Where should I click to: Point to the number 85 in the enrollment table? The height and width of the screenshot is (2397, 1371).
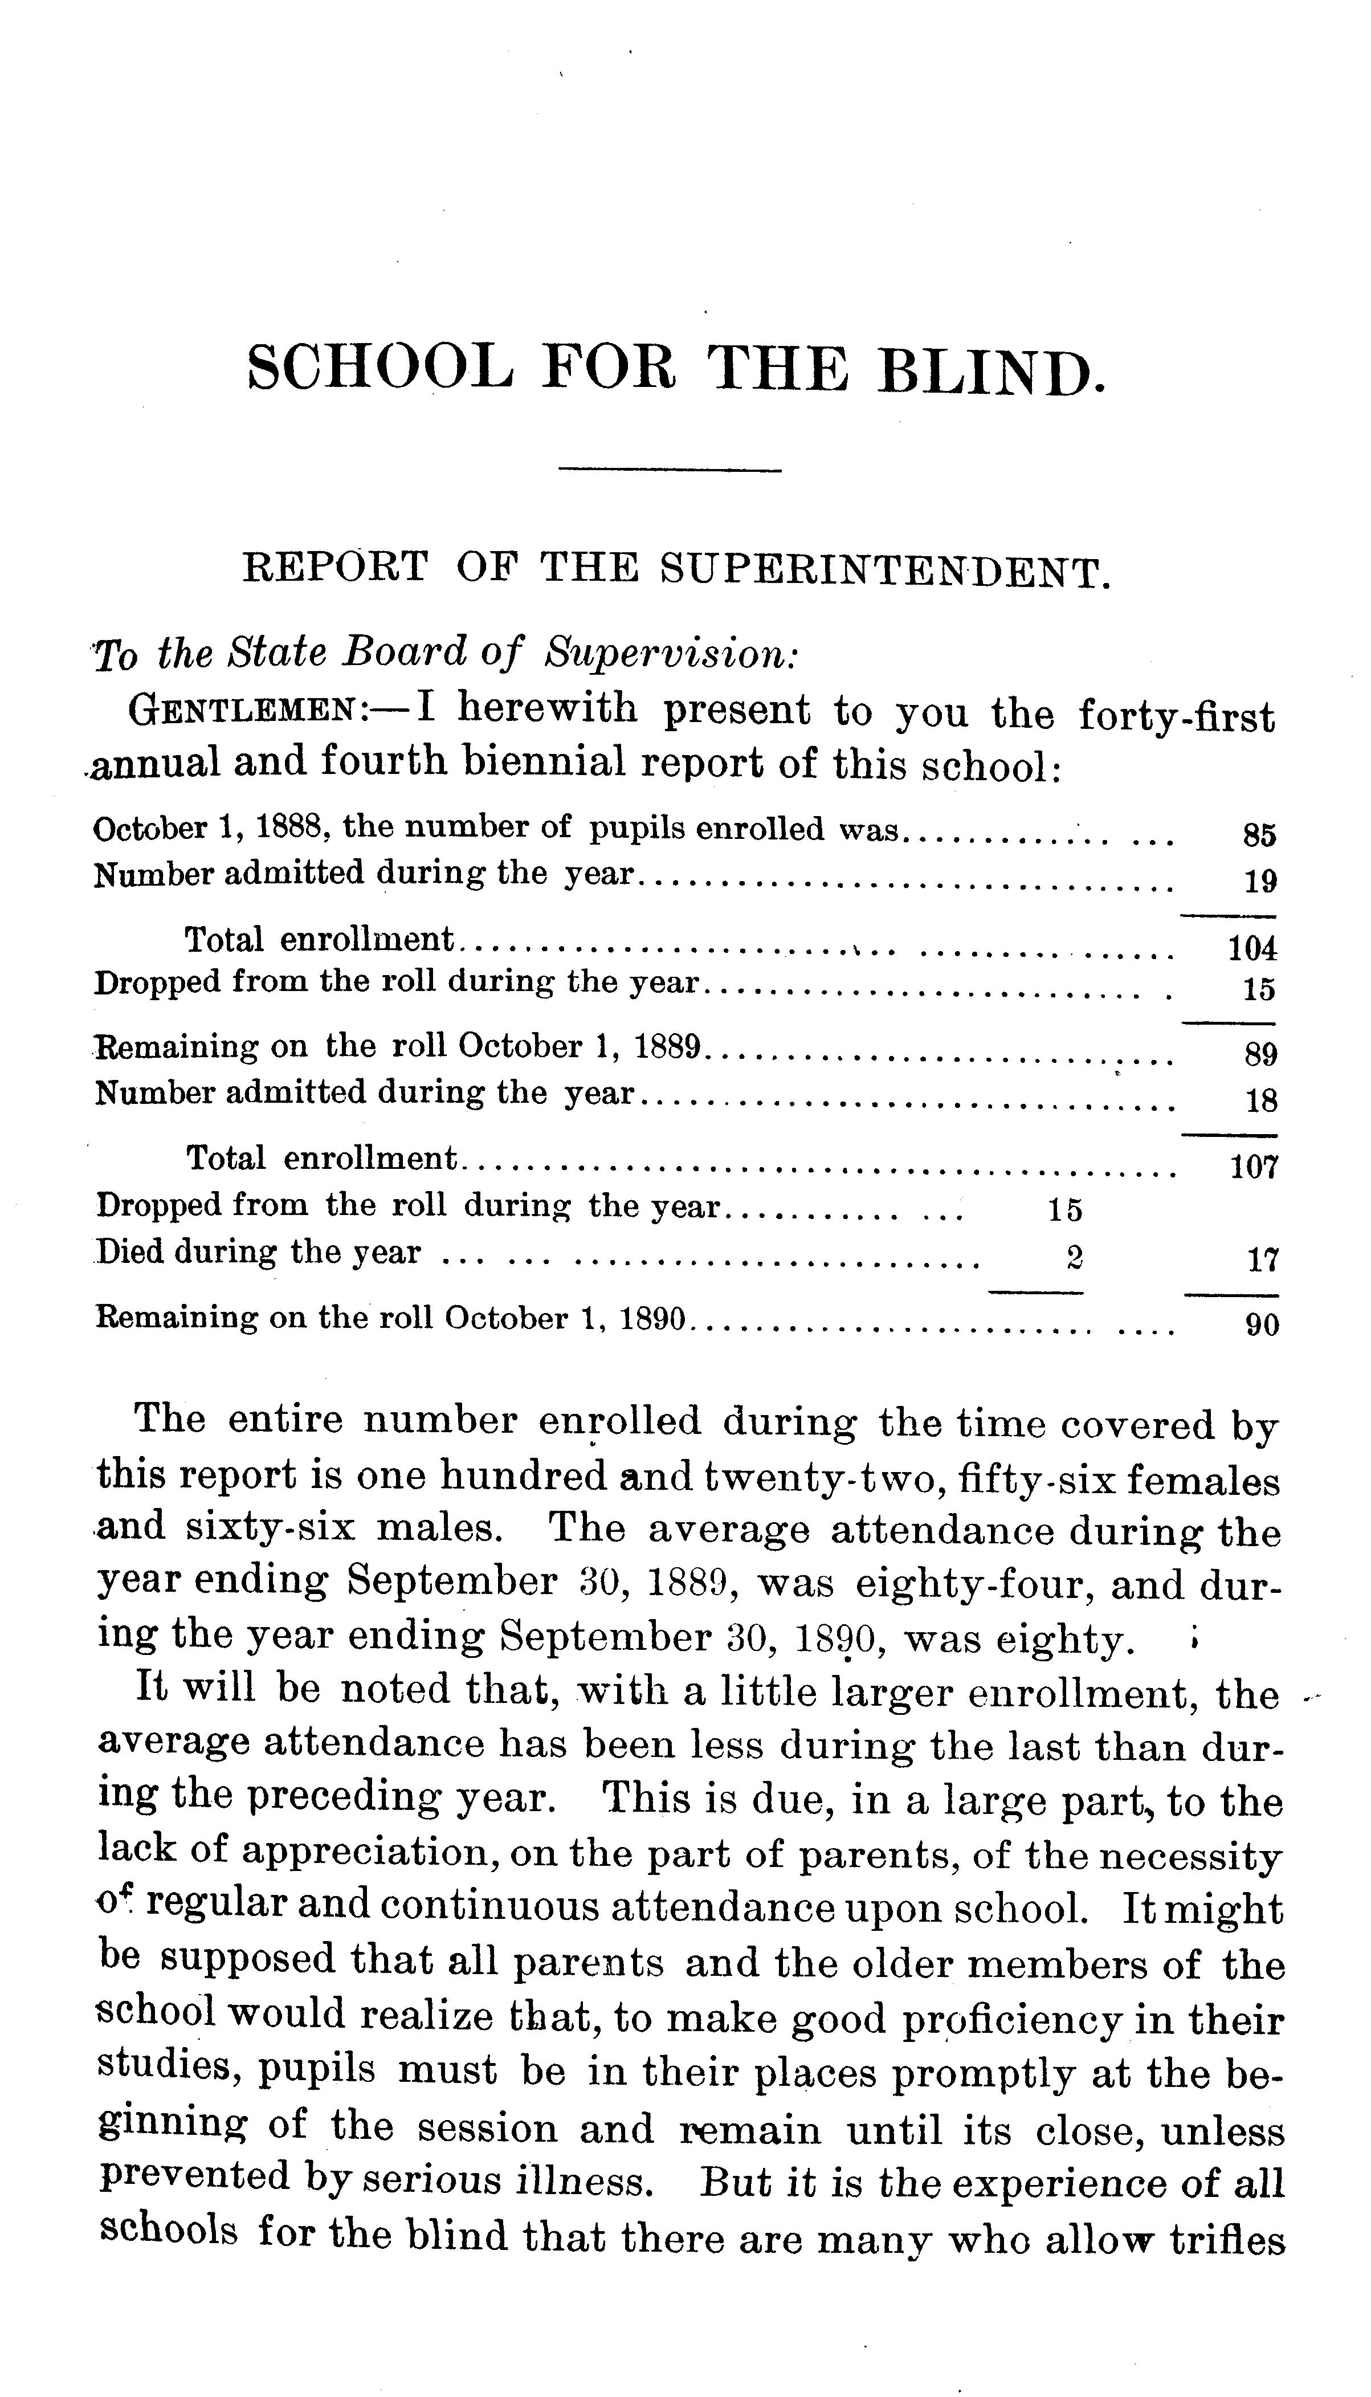point(1259,835)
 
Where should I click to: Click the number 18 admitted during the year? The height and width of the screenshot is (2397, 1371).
point(1260,1100)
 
